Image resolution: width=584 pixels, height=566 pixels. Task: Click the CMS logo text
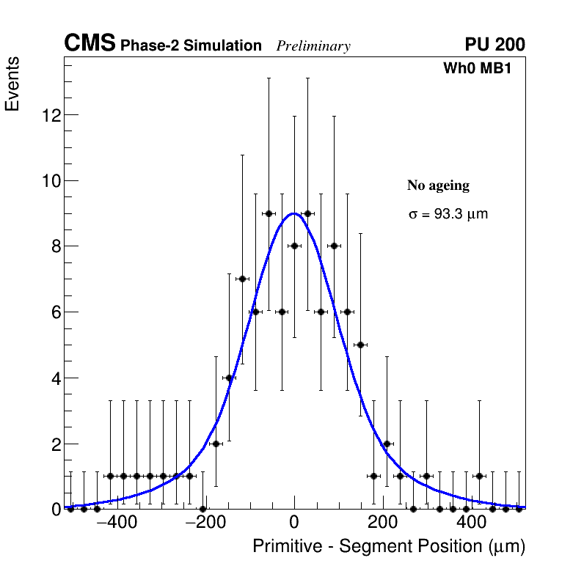click(x=90, y=44)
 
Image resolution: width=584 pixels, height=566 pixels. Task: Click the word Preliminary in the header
click(x=313, y=46)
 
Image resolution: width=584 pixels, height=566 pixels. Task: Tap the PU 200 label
click(x=494, y=45)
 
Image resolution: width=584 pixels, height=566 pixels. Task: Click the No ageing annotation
click(x=438, y=185)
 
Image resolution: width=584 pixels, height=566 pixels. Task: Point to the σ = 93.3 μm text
click(x=448, y=215)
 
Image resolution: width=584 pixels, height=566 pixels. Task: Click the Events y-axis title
click(x=12, y=84)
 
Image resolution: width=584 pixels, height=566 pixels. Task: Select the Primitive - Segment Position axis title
click(x=389, y=547)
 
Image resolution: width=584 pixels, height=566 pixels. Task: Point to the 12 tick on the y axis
click(x=51, y=115)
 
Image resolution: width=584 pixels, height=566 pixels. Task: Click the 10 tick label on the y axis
click(x=51, y=181)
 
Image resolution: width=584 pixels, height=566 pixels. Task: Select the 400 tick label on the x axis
click(x=471, y=523)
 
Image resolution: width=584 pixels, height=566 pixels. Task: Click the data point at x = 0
click(x=294, y=246)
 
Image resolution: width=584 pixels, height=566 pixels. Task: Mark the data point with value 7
click(x=242, y=279)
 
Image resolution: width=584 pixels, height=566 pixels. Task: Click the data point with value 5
click(x=360, y=345)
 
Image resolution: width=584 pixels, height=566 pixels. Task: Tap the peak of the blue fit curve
click(x=294, y=213)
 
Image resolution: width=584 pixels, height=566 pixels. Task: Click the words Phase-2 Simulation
click(x=191, y=46)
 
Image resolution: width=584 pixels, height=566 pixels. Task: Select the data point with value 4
click(x=229, y=378)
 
